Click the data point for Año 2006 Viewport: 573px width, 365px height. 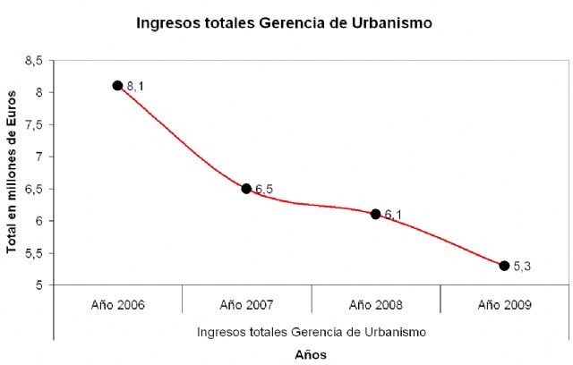tap(117, 85)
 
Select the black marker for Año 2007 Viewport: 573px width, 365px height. tap(246, 189)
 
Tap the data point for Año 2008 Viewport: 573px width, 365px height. tap(375, 214)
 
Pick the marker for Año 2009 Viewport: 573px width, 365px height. tap(504, 266)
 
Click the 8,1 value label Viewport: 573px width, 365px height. tap(134, 86)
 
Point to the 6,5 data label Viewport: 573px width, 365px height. tap(264, 190)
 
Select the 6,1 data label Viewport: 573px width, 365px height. tap(393, 215)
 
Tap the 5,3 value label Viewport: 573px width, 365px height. tap(522, 267)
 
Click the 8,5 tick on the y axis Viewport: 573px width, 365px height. tap(35, 60)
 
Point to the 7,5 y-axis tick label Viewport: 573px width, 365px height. tap(35, 124)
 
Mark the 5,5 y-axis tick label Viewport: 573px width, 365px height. tap(35, 253)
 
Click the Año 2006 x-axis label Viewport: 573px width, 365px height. tap(117, 304)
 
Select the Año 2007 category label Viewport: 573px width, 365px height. tap(246, 304)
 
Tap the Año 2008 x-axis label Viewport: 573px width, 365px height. tap(375, 304)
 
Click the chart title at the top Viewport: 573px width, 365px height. tap(284, 23)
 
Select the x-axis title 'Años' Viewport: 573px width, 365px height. tap(311, 354)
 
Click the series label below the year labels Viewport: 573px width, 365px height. tap(311, 331)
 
